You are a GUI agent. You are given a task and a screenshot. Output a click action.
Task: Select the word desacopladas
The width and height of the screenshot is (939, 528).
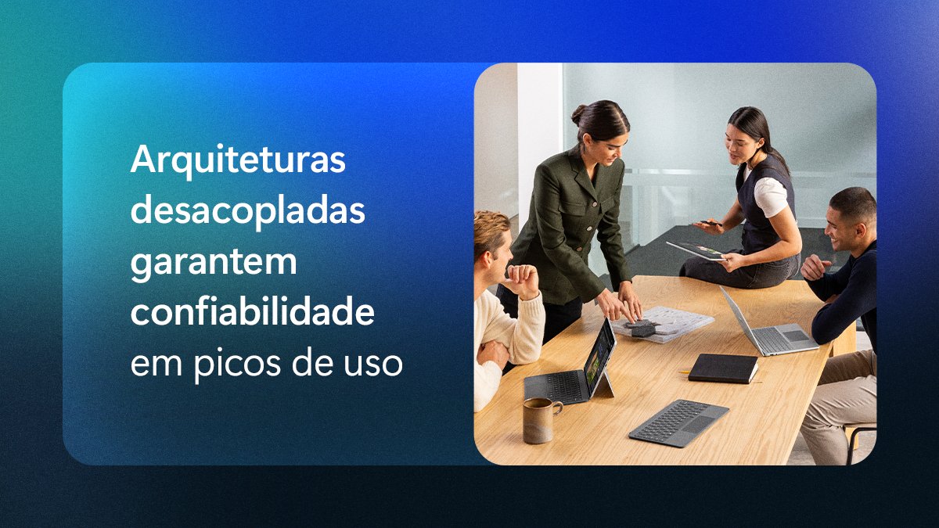click(x=247, y=211)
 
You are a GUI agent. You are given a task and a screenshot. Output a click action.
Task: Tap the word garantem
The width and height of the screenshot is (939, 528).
click(x=213, y=264)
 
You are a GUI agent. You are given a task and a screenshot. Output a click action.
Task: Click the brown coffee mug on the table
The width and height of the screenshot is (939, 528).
click(x=539, y=418)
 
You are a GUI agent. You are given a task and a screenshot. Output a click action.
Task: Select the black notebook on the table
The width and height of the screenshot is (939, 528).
click(x=722, y=368)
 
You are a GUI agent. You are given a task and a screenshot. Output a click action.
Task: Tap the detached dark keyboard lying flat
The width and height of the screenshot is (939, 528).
click(x=678, y=422)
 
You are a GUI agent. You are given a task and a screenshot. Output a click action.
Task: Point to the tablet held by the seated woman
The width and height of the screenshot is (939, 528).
click(x=694, y=250)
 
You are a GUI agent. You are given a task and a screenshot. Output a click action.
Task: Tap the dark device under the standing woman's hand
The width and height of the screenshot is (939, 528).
click(x=642, y=328)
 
